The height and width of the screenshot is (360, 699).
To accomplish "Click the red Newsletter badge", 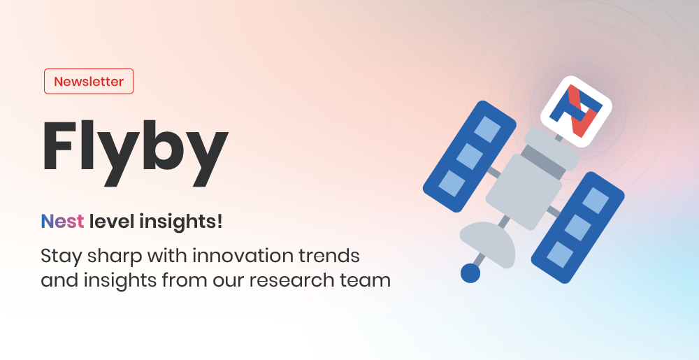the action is [x=89, y=82].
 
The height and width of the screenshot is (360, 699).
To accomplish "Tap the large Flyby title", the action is [x=135, y=152].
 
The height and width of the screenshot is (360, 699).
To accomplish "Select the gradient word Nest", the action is [x=62, y=222].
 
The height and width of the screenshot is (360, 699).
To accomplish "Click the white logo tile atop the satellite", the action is [x=576, y=111].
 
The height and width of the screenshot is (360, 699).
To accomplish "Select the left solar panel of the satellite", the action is [x=470, y=156].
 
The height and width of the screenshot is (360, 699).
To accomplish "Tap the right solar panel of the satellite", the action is [x=578, y=227].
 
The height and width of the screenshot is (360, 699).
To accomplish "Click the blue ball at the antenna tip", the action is [x=470, y=273].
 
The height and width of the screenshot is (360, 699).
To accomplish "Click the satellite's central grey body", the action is [x=524, y=192].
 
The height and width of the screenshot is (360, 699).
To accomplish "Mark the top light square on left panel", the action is [x=487, y=129].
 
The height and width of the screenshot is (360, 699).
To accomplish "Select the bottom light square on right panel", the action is [x=560, y=254].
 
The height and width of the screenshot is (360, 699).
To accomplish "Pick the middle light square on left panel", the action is [x=470, y=157].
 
